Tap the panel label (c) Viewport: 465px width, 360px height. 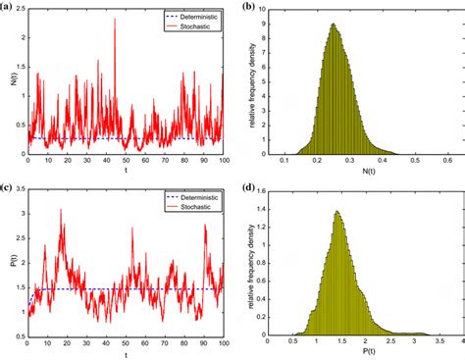coord(8,188)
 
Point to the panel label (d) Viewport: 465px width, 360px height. coord(249,188)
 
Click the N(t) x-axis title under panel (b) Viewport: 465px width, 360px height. coord(364,174)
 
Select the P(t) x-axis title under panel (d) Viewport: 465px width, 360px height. coord(364,354)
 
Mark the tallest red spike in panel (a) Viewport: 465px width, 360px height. coord(115,20)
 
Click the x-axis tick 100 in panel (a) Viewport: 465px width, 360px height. coord(223,160)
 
